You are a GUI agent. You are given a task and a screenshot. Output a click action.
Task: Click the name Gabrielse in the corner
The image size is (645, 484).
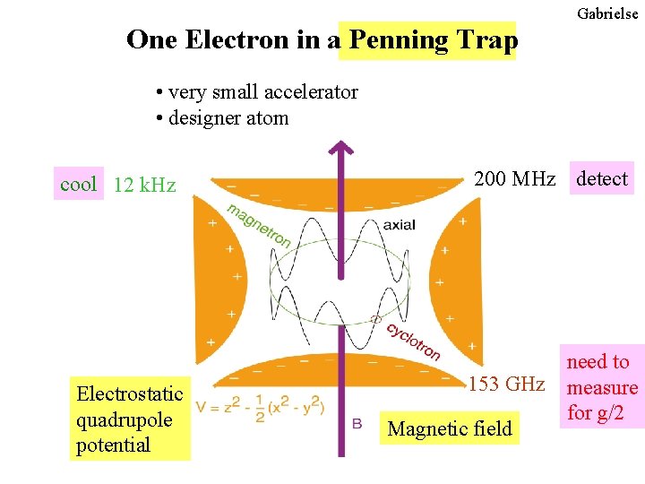[x=607, y=13]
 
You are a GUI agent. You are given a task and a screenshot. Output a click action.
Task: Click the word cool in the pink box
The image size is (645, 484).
[x=78, y=185]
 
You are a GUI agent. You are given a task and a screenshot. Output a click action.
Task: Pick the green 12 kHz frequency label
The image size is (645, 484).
[x=145, y=186]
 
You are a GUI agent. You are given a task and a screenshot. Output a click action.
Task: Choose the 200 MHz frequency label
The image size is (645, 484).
[x=514, y=179]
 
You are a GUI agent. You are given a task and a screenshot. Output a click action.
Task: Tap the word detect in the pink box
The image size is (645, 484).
[x=602, y=179]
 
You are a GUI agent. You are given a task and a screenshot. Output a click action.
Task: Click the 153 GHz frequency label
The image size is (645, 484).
[x=507, y=385]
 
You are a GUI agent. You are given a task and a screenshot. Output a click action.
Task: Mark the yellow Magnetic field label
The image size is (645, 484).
[x=450, y=428]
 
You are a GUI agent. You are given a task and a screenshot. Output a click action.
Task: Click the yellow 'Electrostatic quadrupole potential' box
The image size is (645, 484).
[x=130, y=419]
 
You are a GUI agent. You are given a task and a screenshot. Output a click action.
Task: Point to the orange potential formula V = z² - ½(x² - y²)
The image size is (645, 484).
[x=260, y=408]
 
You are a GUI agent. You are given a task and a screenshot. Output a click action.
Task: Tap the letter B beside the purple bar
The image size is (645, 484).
[x=357, y=422]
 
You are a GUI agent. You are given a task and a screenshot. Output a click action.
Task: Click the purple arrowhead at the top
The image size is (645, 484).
[x=340, y=151]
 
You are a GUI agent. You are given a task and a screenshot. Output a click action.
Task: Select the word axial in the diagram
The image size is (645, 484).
[x=399, y=224]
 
